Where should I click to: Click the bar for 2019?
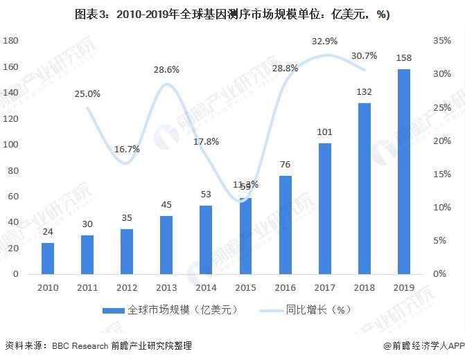click(403, 171)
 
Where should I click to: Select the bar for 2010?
click(47, 258)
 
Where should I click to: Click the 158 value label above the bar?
click(403, 59)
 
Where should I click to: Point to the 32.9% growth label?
click(324, 41)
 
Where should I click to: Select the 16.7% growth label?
click(128, 149)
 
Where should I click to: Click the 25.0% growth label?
click(88, 93)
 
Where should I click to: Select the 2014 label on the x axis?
click(206, 286)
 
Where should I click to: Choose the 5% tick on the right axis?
click(441, 240)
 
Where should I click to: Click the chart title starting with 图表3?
click(233, 15)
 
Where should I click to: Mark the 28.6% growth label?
click(167, 69)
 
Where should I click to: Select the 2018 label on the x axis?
click(364, 286)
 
